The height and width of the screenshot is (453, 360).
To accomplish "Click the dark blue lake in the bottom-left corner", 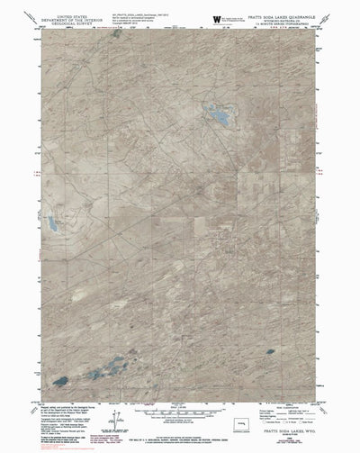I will tap(60, 381).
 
